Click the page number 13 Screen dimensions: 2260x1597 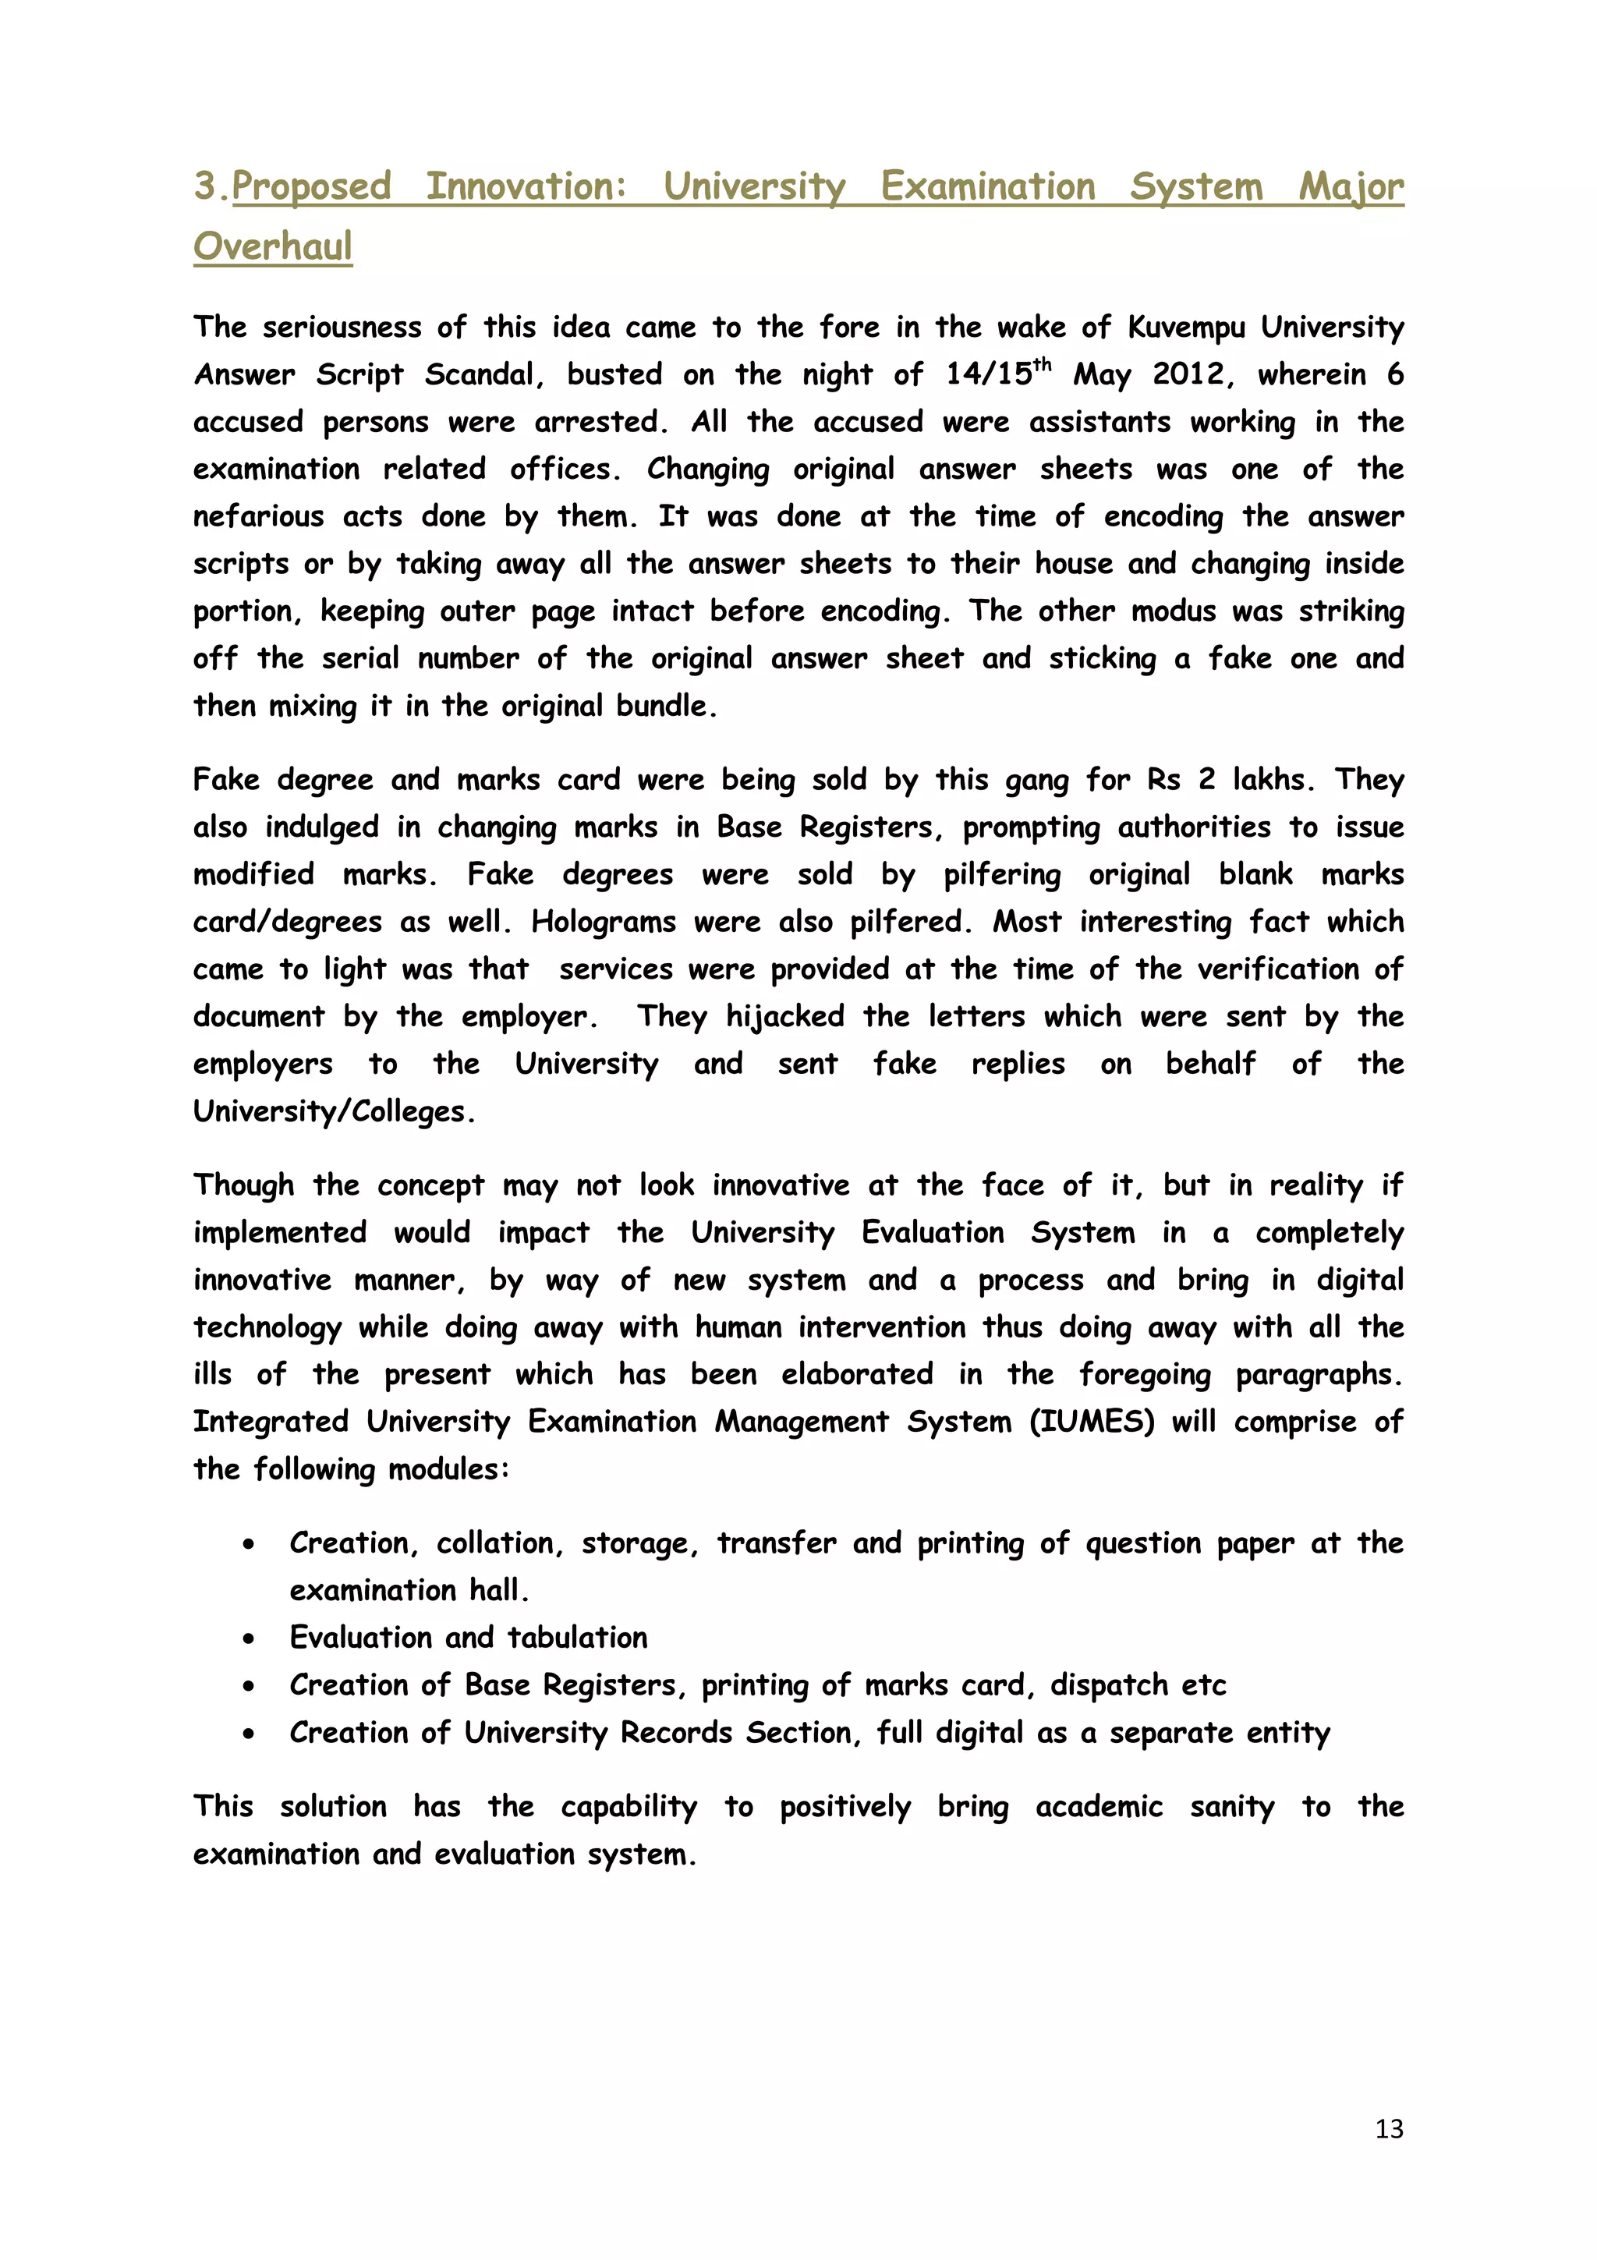pos(1388,2129)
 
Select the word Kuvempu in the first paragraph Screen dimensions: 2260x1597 pos(1186,327)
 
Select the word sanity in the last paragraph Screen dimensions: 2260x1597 pos(1232,1806)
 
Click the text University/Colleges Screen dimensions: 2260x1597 pos(334,1111)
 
